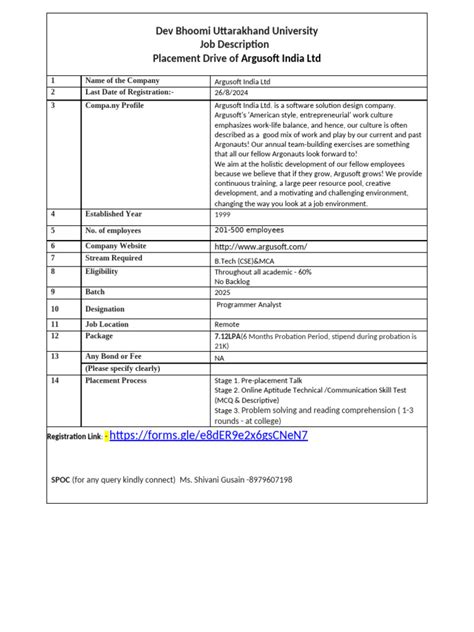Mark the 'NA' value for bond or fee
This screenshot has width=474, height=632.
pos(219,356)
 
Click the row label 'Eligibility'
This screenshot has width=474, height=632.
pos(101,271)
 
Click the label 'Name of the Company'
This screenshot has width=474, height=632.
pos(122,80)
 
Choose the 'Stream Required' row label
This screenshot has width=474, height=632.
pos(114,258)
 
